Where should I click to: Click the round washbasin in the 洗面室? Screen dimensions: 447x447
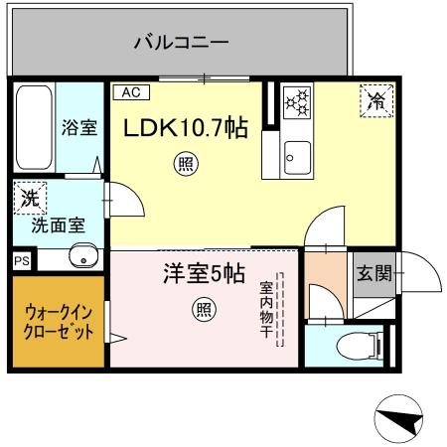[81, 258]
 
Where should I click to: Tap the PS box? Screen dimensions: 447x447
[21, 260]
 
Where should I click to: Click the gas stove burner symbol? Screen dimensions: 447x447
[297, 102]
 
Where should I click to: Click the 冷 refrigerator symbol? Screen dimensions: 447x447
[376, 99]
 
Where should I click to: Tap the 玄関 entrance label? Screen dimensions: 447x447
[375, 272]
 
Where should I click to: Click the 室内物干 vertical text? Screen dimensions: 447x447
[267, 308]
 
